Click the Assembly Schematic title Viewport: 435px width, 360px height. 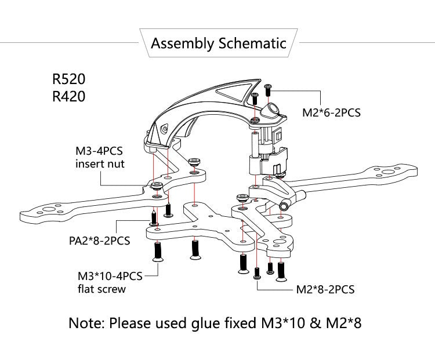218,43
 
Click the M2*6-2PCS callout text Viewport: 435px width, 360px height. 332,112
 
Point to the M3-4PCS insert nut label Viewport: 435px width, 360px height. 100,157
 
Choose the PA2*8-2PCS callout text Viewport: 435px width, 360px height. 96,239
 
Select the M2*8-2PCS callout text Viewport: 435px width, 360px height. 325,289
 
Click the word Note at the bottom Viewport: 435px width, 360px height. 85,322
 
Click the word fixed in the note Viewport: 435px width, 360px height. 238,322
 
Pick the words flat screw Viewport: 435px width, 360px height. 101,289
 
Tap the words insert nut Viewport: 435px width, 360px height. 100,164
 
